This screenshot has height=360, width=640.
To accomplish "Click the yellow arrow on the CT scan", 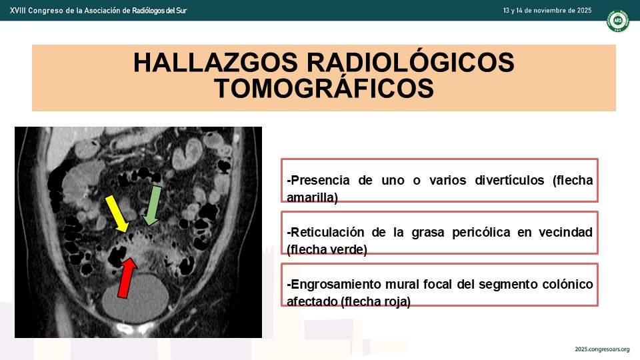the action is pyautogui.click(x=117, y=214).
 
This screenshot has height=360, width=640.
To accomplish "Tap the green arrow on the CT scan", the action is pyautogui.click(x=152, y=205).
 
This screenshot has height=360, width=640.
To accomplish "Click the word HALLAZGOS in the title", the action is pyautogui.click(x=215, y=63).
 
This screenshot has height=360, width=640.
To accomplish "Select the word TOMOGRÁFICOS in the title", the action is pyautogui.click(x=324, y=89).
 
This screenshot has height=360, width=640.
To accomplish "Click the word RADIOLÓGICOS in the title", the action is pyautogui.click(x=410, y=63).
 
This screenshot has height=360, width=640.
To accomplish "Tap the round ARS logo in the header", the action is pyautogui.click(x=617, y=21).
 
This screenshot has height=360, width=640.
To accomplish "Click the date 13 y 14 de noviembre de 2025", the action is pyautogui.click(x=547, y=11).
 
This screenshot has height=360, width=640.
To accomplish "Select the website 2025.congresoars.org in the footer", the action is pyautogui.click(x=602, y=349).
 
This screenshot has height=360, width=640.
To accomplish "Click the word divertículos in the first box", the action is pyautogui.click(x=509, y=180).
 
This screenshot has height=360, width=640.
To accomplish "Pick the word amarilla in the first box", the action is pyautogui.click(x=311, y=197).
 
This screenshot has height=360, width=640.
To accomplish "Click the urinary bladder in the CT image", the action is pyautogui.click(x=135, y=299).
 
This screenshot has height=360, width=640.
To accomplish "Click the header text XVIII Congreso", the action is pyautogui.click(x=36, y=11).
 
